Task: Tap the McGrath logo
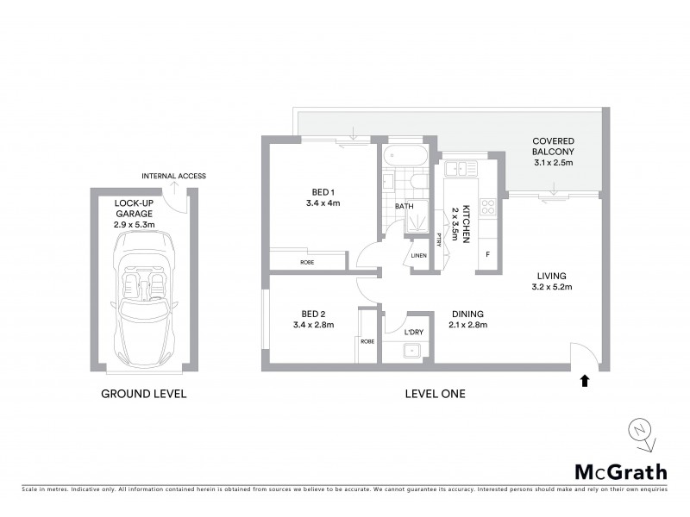[621, 471]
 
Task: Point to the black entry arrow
[586, 379]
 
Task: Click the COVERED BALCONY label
[553, 146]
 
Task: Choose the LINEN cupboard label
[418, 256]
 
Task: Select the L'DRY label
[414, 332]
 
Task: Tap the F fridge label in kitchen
[487, 255]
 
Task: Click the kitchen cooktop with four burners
[486, 207]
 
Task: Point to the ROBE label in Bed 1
[306, 261]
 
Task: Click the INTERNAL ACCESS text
[173, 176]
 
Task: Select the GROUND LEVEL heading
[143, 394]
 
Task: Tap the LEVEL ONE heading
[436, 394]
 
